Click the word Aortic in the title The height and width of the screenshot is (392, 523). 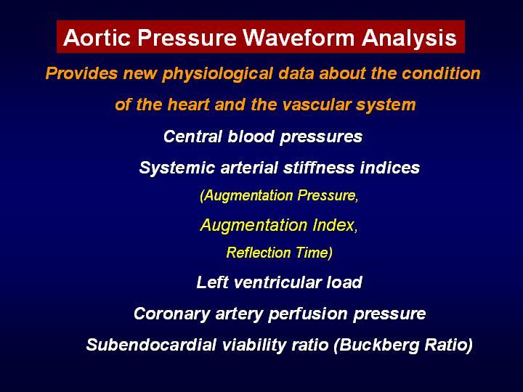97,37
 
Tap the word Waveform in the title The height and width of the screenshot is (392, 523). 299,37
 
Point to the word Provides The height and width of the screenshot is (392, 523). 81,73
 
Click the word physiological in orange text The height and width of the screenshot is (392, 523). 217,74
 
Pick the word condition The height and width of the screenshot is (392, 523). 441,73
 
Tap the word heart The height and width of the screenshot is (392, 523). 188,105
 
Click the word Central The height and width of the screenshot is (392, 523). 192,136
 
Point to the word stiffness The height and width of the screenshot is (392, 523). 318,168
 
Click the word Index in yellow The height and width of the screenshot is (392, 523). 333,225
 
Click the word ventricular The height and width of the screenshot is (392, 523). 277,282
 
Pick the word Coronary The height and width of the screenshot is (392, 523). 171,314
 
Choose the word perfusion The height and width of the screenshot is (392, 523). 308,314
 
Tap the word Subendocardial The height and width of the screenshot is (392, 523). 151,345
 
